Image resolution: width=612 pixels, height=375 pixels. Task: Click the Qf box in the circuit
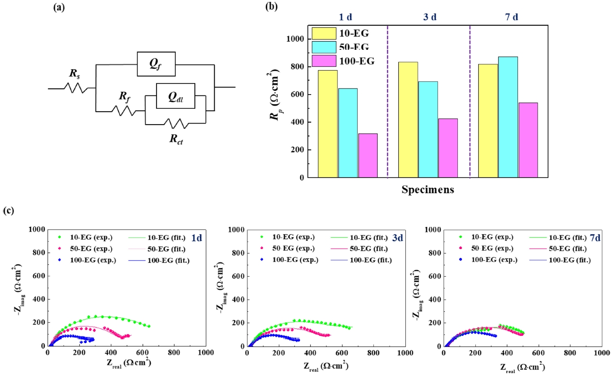156,64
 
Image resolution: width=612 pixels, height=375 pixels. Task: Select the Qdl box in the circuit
175,95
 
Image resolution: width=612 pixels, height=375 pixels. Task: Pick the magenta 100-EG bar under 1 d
367,155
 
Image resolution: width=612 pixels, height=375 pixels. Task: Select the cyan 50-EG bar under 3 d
428,129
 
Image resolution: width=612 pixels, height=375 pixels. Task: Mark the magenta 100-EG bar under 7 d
528,140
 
